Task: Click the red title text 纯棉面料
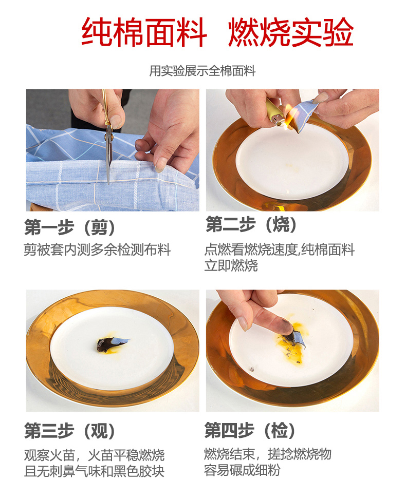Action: pos(144,32)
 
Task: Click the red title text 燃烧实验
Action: pos(291,32)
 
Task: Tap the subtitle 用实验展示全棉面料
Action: pos(202,71)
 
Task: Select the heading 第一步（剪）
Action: pos(69,227)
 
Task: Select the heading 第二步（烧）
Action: pos(251,224)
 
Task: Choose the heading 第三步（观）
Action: pos(69,431)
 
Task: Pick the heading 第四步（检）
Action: pos(250,430)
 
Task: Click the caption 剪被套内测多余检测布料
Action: pos(97,249)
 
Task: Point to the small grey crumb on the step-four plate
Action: pos(251,369)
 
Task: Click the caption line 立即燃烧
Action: pos(231,265)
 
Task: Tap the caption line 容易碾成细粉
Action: pos(242,470)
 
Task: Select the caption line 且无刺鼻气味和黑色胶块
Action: pos(95,471)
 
